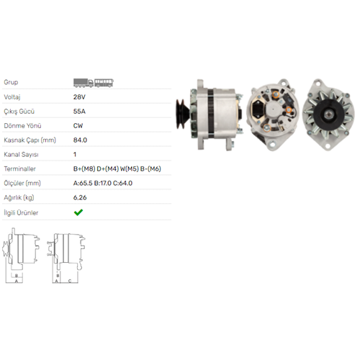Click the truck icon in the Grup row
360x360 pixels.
click(x=84, y=83)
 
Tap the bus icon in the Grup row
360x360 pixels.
click(x=104, y=83)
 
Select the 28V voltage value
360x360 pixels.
click(x=79, y=97)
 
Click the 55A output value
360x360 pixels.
click(x=79, y=112)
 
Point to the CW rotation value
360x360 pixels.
click(x=78, y=126)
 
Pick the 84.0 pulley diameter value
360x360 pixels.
click(x=80, y=140)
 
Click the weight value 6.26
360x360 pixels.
click(x=80, y=197)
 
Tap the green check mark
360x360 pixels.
click(x=78, y=212)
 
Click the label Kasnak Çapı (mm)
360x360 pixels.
click(x=30, y=140)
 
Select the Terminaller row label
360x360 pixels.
click(x=19, y=168)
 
